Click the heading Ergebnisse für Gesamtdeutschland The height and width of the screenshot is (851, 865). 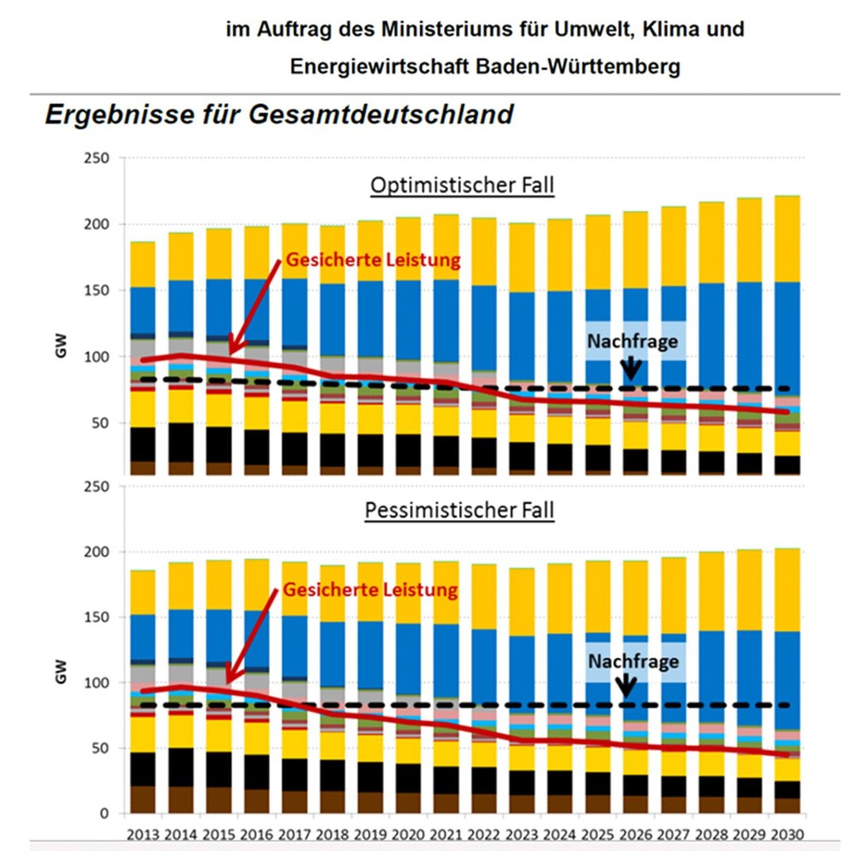[279, 113]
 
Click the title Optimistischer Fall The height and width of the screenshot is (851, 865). [462, 186]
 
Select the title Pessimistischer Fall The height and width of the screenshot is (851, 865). [459, 511]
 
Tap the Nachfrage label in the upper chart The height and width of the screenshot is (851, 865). [632, 341]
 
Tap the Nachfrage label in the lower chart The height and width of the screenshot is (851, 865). [633, 661]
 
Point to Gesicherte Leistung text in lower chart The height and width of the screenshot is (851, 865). [370, 589]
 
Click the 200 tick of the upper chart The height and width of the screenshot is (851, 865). [100, 225]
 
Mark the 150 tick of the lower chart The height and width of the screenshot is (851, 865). [100, 617]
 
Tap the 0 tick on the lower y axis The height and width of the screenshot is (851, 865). [106, 814]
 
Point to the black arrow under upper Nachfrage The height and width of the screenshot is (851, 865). [630, 368]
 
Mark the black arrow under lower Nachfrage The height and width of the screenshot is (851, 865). [627, 685]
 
